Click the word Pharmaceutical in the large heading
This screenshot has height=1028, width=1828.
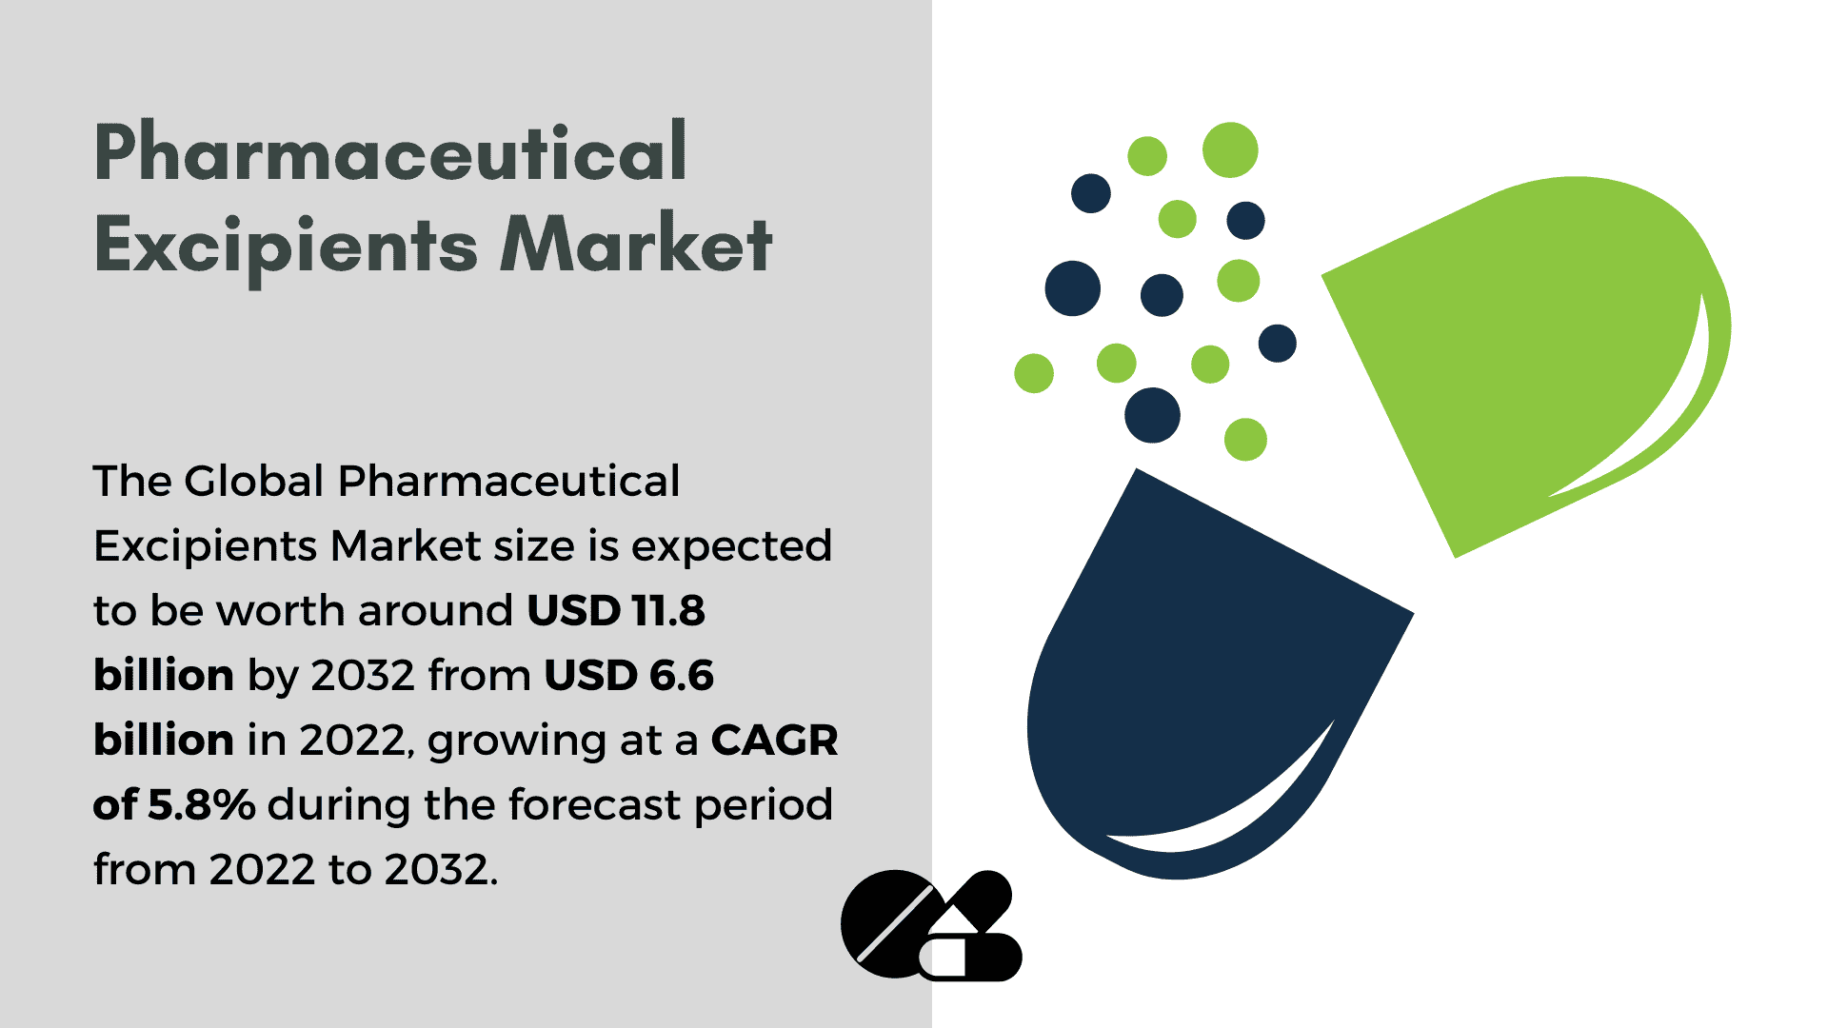390,152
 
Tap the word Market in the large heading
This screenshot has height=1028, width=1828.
636,244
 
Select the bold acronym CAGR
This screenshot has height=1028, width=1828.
775,741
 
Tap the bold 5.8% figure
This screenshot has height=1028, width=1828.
201,805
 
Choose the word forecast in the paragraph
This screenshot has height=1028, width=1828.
595,805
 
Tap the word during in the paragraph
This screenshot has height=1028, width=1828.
339,805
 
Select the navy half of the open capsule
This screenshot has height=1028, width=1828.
1209,666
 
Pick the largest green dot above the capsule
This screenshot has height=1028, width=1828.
1230,150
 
